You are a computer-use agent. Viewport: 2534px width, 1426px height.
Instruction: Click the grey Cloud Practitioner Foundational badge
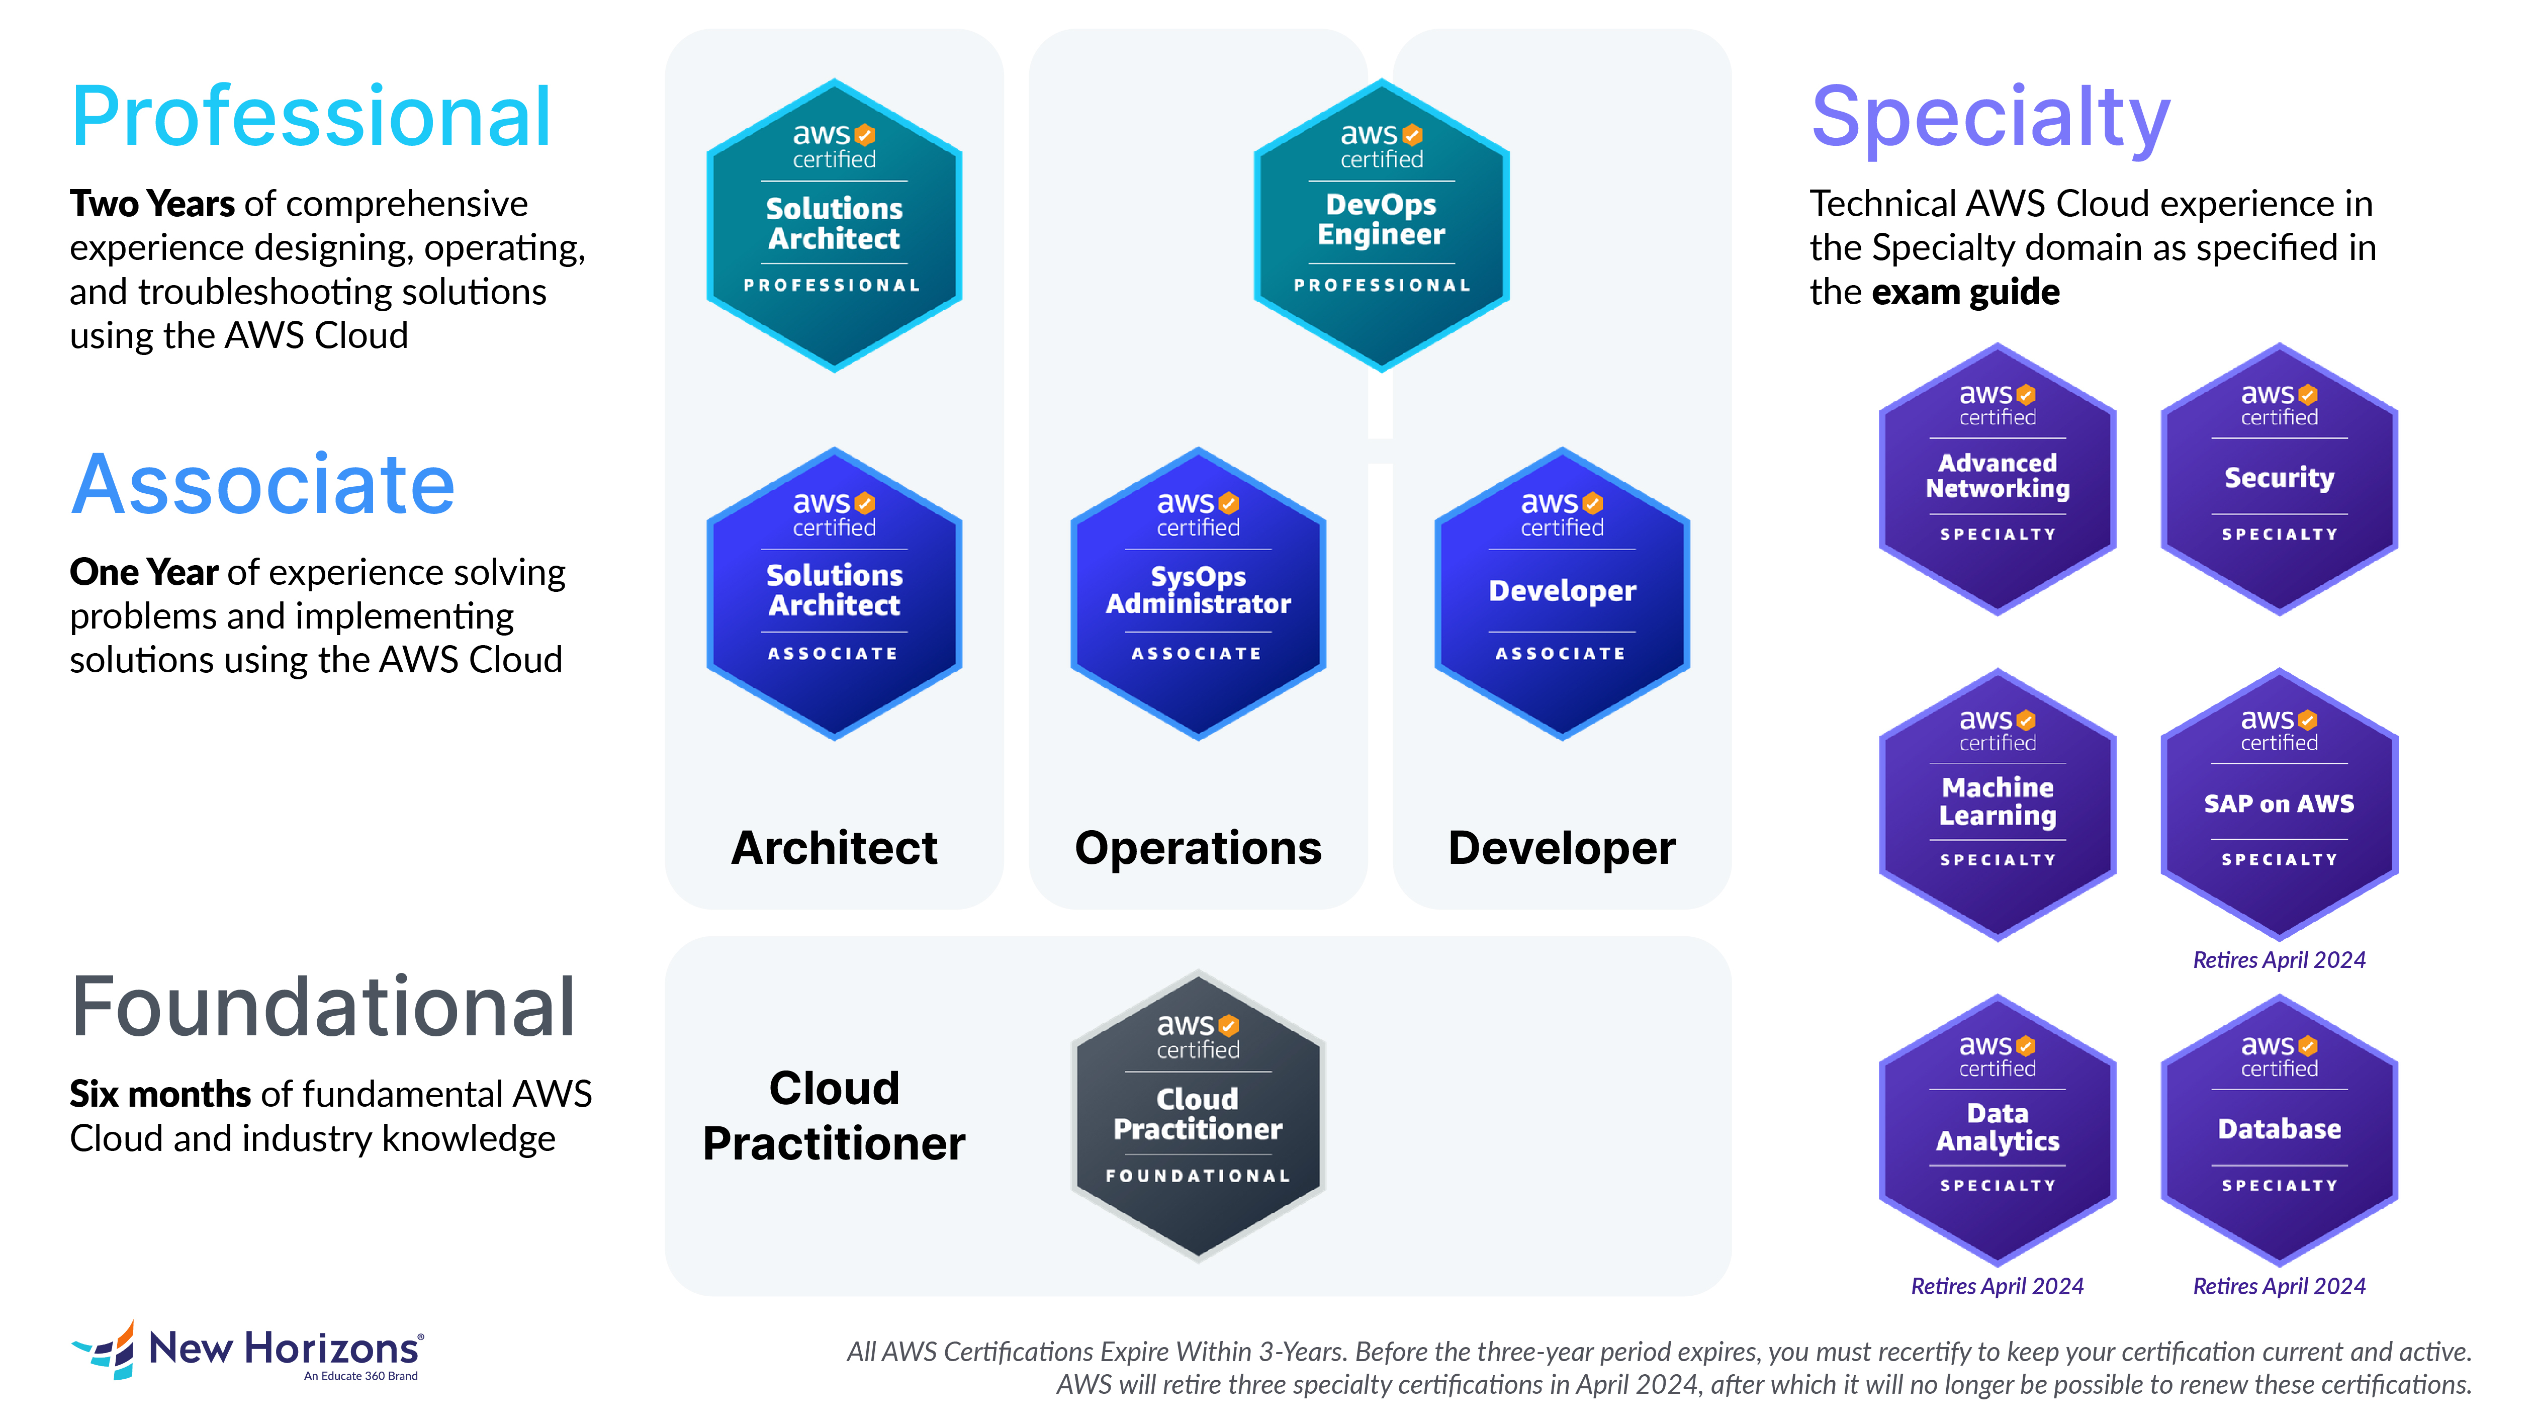click(1198, 1116)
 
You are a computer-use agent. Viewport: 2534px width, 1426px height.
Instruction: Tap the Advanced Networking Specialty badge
click(1997, 479)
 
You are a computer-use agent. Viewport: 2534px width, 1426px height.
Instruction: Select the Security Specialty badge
click(2279, 479)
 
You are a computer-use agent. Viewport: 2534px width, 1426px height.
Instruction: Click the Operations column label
click(1198, 848)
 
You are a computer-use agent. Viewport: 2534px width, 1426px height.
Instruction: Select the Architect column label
click(834, 848)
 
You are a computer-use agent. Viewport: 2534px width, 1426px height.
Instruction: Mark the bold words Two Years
click(151, 204)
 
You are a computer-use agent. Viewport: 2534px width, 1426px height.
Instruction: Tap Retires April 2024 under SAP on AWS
click(2279, 960)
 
